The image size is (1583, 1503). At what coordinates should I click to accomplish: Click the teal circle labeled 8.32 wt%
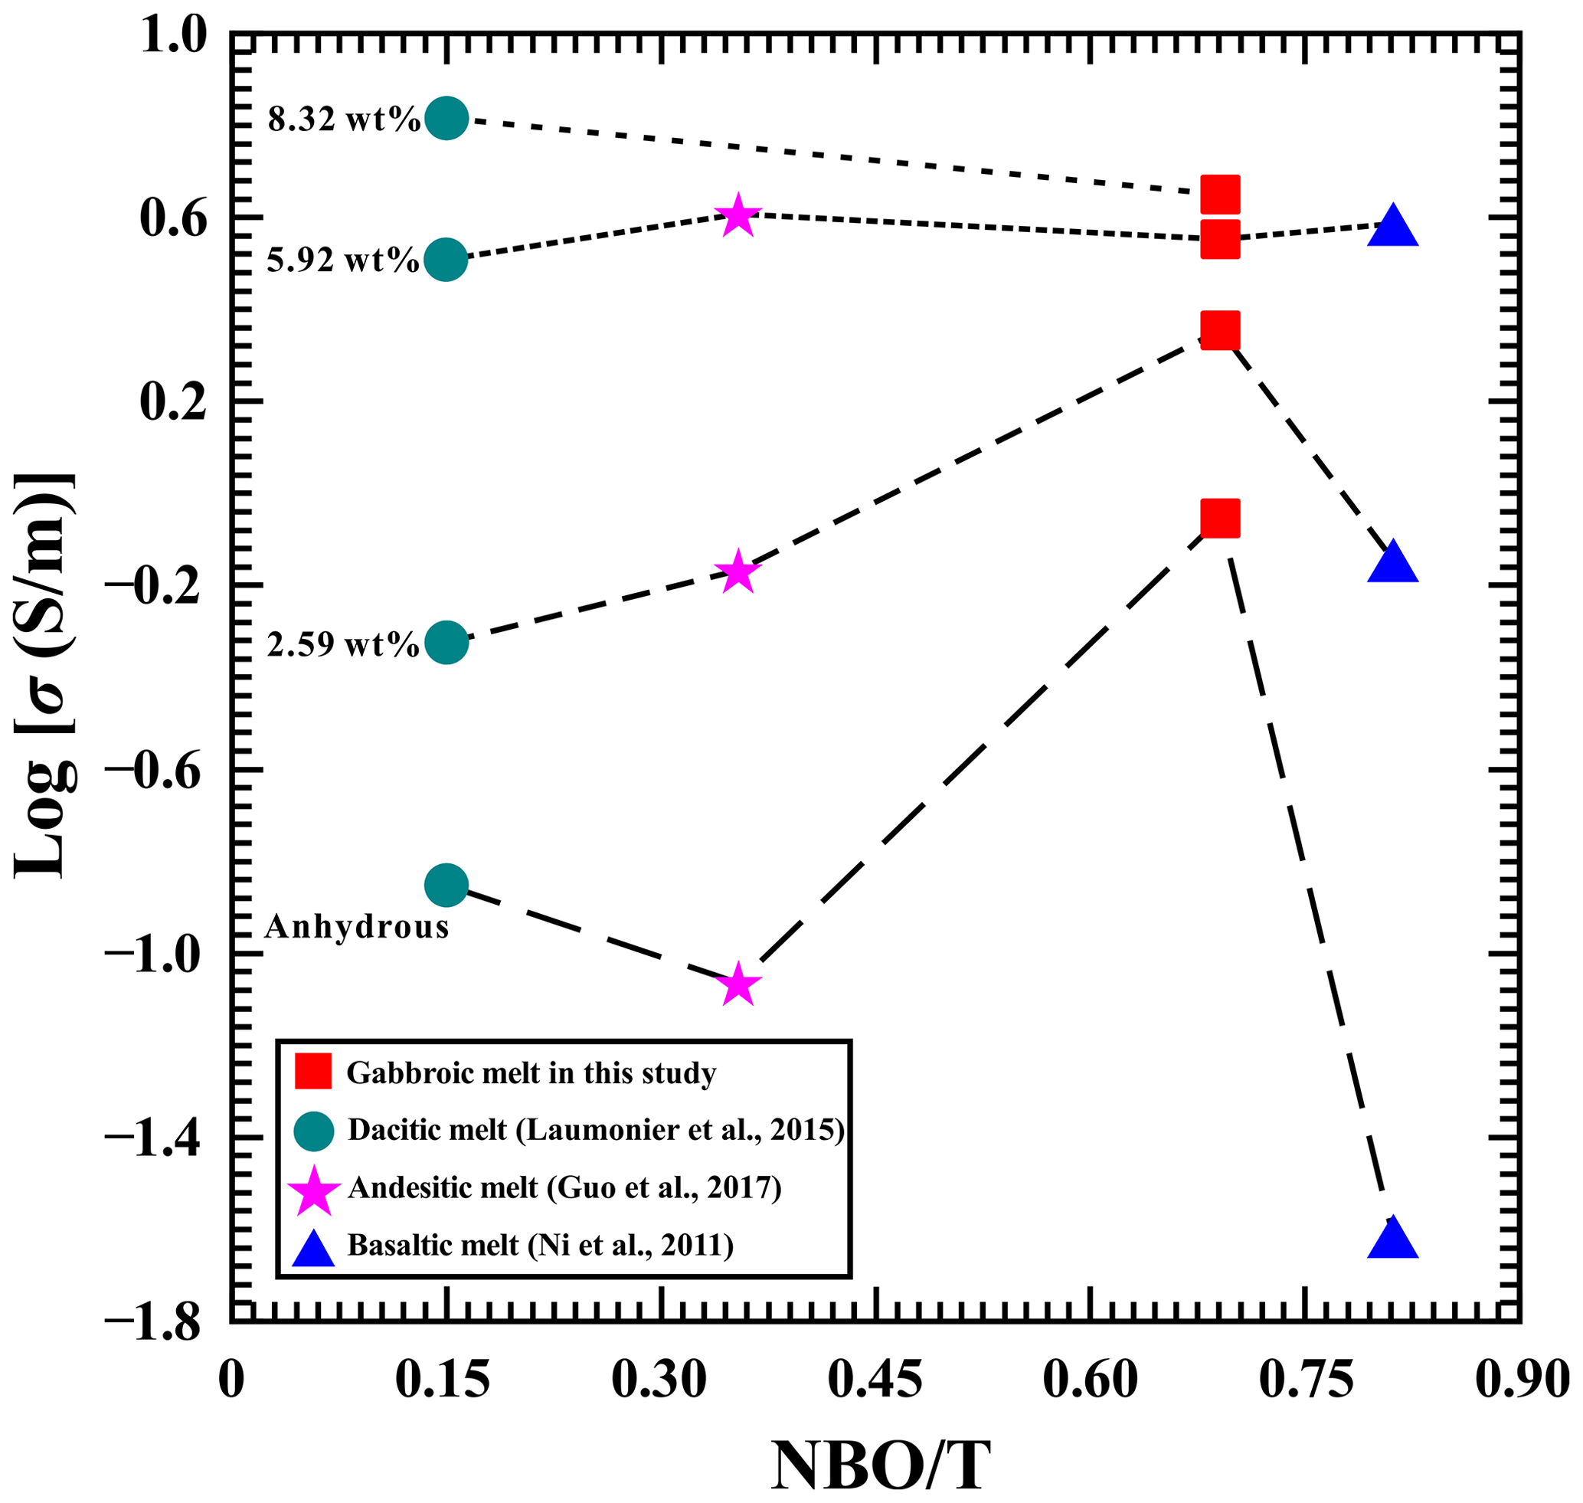(x=446, y=119)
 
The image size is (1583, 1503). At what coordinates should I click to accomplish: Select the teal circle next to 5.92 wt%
(x=446, y=260)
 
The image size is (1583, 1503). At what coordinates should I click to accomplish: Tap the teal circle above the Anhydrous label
(x=446, y=885)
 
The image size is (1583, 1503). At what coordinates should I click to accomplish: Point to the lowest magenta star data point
(x=738, y=984)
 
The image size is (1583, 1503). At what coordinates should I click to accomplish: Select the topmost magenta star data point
(x=738, y=215)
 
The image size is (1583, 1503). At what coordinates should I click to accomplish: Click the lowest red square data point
(x=1220, y=518)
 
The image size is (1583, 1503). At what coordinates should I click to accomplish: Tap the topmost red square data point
(x=1220, y=195)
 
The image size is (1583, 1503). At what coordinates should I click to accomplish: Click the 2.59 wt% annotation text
(x=343, y=643)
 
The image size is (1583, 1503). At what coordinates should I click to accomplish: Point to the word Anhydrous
(x=356, y=927)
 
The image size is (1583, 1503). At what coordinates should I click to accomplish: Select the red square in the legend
(x=312, y=1072)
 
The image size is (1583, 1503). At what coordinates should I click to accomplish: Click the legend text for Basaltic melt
(x=541, y=1244)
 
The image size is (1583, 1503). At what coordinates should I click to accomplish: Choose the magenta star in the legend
(x=312, y=1188)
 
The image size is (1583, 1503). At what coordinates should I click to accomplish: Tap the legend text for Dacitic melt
(x=596, y=1130)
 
